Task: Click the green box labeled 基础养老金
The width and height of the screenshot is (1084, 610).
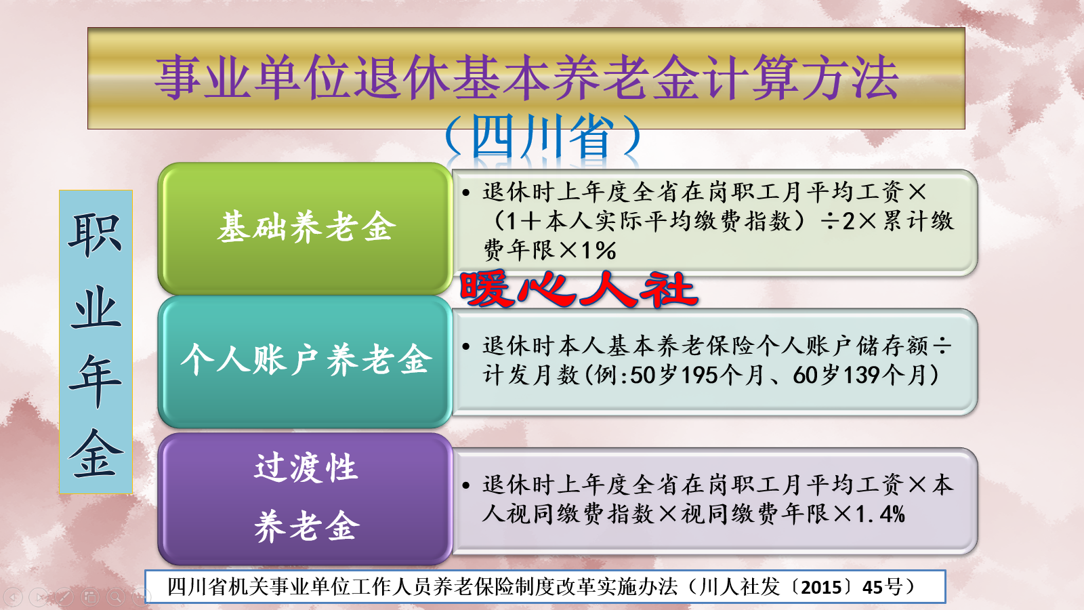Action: (x=305, y=227)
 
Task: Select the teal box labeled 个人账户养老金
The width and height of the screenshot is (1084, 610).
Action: (x=305, y=360)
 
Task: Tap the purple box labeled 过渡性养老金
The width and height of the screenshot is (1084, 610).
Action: (x=305, y=498)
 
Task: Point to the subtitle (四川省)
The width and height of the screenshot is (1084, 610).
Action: (x=542, y=136)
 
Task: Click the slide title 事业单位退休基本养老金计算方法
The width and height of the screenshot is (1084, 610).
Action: (x=526, y=77)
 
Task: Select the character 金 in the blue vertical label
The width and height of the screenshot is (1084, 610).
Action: (x=96, y=453)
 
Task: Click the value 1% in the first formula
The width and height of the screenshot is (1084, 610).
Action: (x=598, y=251)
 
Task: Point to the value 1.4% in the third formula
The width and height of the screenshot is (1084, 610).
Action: (x=880, y=514)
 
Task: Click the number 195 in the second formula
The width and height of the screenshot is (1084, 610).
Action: (x=700, y=375)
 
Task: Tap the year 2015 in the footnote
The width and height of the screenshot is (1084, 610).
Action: (x=821, y=587)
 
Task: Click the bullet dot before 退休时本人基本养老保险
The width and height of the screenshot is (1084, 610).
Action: (x=466, y=346)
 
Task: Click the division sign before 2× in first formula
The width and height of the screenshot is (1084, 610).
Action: (x=830, y=222)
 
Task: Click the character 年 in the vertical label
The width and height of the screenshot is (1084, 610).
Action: (x=96, y=380)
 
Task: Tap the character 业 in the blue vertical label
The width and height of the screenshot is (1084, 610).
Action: (x=96, y=308)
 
